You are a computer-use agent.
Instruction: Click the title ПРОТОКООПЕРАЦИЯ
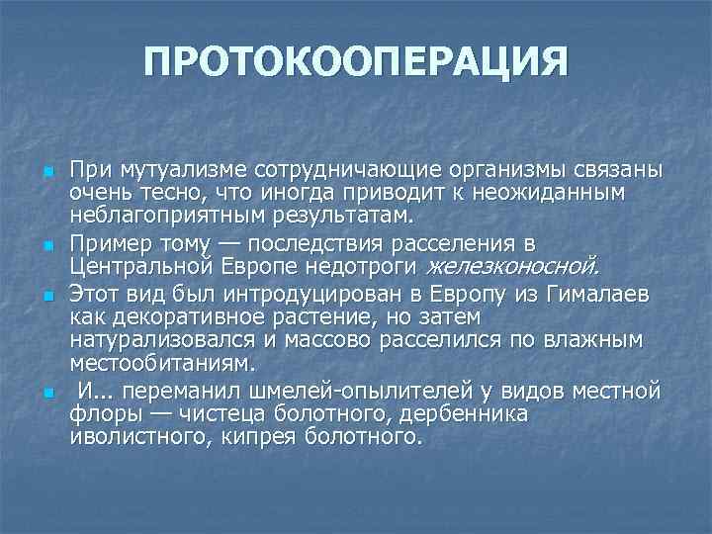click(x=356, y=63)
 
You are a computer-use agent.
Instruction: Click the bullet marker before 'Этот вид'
click(x=47, y=296)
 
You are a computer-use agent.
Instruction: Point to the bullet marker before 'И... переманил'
click(x=47, y=394)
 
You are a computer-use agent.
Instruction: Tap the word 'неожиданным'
click(x=566, y=191)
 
